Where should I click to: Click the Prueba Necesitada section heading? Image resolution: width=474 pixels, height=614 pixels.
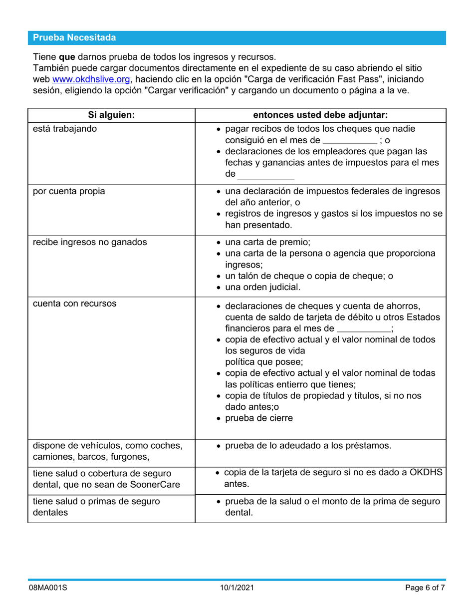tap(74, 38)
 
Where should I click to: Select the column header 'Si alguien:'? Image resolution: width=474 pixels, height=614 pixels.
tap(111, 115)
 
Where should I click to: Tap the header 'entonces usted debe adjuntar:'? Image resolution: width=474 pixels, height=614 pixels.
tap(320, 115)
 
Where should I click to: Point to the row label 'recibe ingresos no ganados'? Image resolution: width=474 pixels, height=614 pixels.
tap(90, 243)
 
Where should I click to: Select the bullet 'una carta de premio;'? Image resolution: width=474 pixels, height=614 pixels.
tap(267, 243)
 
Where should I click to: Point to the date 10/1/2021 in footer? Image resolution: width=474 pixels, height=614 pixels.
tap(237, 589)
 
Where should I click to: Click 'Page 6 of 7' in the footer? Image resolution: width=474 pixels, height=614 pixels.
tap(425, 589)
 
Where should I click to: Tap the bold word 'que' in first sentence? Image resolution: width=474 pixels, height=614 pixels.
tap(67, 56)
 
